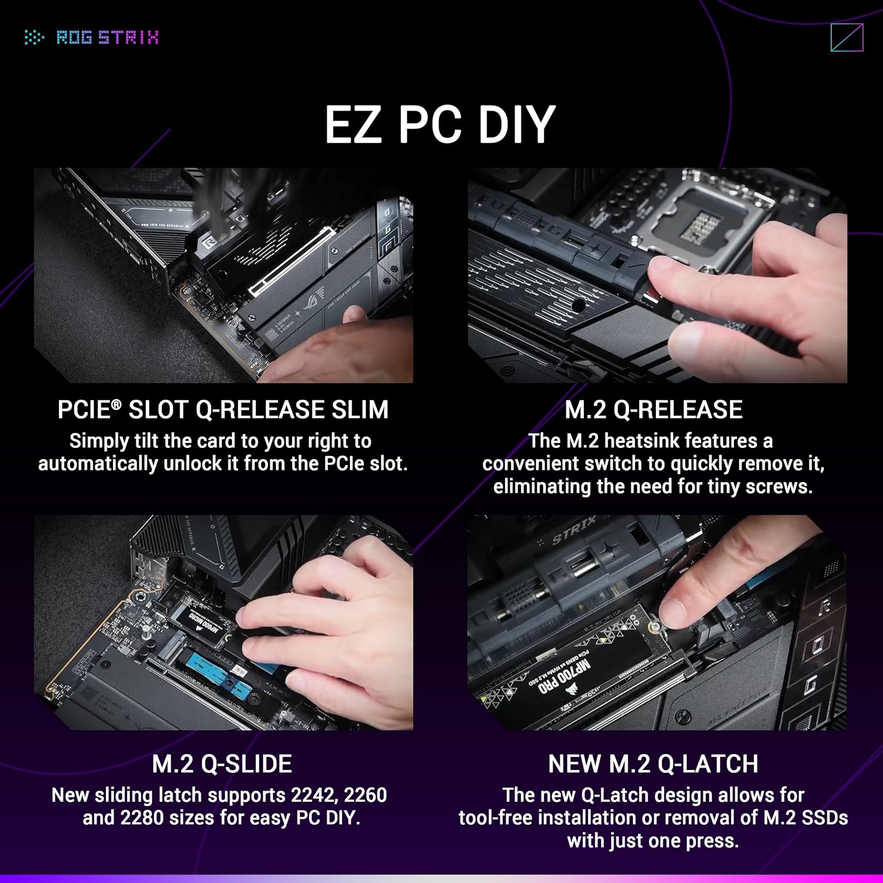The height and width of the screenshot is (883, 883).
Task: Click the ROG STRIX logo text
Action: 107,38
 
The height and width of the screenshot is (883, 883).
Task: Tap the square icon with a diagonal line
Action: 847,38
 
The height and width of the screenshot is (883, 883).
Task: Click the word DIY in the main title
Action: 516,124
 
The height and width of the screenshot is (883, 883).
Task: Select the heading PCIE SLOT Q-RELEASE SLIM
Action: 223,410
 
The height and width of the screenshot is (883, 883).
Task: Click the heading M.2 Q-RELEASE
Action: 653,410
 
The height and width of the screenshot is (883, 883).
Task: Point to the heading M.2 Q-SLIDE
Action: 222,764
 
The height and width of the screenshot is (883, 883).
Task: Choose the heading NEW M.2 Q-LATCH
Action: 653,764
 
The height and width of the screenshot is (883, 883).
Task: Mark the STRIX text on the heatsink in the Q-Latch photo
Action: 573,530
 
